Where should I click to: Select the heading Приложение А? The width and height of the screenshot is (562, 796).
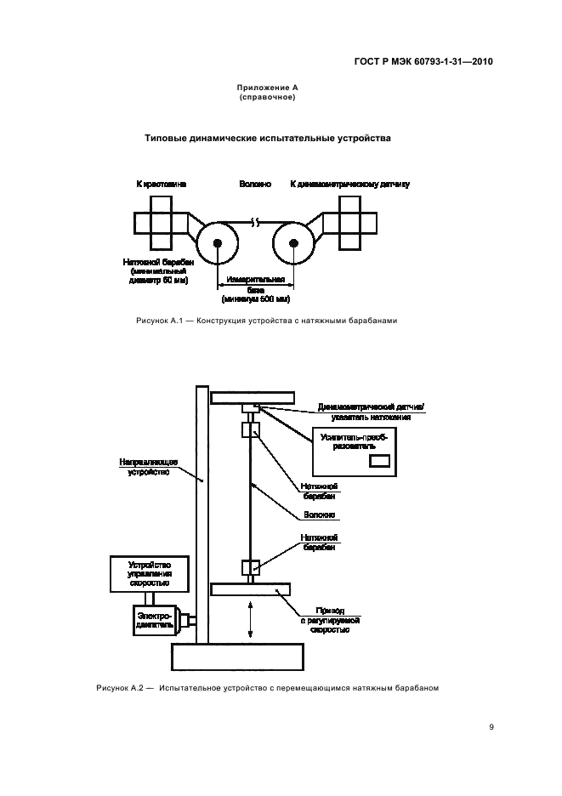tap(267, 88)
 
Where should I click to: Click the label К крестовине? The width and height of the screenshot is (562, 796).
tap(162, 184)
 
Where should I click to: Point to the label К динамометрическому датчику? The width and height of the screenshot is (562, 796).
tap(350, 184)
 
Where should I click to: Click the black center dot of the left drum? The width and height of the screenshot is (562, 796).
tap(218, 244)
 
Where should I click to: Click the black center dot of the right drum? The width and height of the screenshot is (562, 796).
tap(294, 244)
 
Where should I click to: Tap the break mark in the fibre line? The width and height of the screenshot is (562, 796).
tap(255, 224)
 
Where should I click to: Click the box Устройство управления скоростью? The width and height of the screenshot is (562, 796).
tap(149, 574)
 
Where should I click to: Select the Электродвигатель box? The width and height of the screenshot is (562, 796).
tap(154, 618)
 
